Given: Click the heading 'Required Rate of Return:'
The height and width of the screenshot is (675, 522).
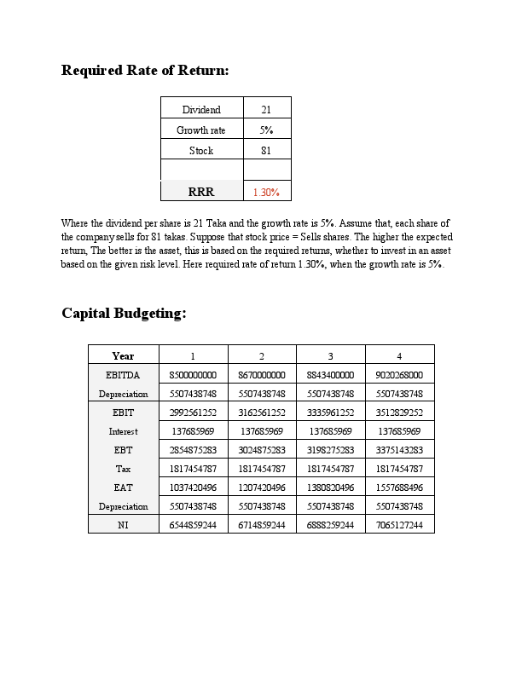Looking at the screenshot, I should [x=145, y=71].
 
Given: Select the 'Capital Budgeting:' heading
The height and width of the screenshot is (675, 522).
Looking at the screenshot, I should [x=124, y=314].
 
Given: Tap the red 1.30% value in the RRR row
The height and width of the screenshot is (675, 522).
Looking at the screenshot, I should [x=266, y=193].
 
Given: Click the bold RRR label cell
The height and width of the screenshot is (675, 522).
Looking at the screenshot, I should [x=201, y=193].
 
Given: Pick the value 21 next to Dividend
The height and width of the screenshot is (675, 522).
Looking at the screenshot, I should [x=266, y=110].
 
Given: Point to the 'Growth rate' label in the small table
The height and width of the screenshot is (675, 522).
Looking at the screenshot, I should [x=201, y=130].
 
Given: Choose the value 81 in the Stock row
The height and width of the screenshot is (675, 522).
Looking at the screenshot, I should [x=266, y=151].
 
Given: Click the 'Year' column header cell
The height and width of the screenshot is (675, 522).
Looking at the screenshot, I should [x=123, y=355].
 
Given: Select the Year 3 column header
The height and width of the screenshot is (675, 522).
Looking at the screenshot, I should [x=330, y=355].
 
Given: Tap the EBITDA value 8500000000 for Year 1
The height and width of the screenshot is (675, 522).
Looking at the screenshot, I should [x=193, y=375].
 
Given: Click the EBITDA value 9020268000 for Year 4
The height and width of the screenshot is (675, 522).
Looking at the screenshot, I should [x=399, y=375].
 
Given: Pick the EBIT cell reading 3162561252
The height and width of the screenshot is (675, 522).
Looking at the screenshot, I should [x=262, y=412].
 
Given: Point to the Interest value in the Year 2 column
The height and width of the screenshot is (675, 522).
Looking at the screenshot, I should [x=262, y=431].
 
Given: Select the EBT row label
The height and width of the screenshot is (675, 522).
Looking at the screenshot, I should [x=123, y=450].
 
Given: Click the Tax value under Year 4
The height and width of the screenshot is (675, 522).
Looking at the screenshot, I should [x=399, y=469].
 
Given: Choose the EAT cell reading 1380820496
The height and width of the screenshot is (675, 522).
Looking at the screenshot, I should [x=330, y=487].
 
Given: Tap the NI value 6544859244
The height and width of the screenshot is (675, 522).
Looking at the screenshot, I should [x=193, y=525].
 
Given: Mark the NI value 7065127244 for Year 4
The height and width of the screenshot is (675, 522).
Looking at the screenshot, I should [x=399, y=525].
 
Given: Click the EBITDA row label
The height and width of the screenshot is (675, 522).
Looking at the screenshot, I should [x=123, y=375].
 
